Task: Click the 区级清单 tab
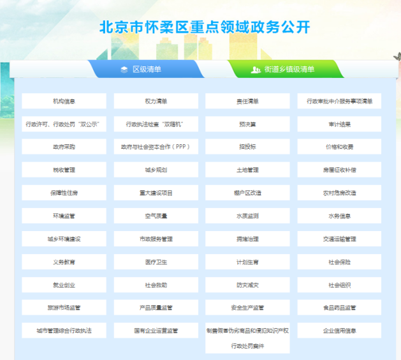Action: click(146, 69)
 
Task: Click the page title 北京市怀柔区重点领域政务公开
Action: click(205, 27)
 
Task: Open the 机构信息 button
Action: click(64, 101)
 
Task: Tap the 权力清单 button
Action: click(156, 101)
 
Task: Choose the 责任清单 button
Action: click(247, 101)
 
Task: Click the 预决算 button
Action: click(247, 124)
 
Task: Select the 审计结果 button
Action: click(339, 124)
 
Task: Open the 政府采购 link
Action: click(64, 147)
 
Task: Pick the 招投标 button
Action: click(247, 147)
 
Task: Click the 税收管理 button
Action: click(64, 170)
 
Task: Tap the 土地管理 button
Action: click(247, 170)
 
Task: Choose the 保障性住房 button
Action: click(64, 193)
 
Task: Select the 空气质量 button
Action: click(156, 216)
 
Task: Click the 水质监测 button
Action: click(247, 216)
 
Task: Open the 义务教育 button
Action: click(64, 262)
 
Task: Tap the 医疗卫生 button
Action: click(156, 262)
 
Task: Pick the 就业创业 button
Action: click(64, 285)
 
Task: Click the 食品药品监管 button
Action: click(339, 308)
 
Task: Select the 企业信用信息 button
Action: click(339, 331)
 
